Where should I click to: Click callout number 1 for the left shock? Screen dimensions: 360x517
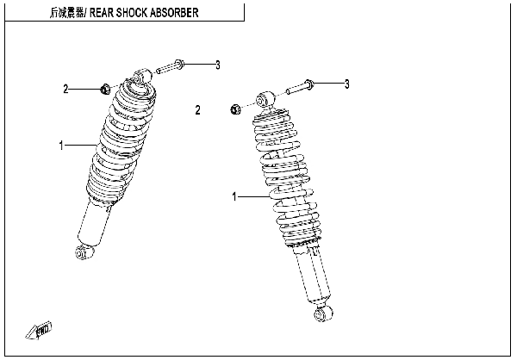(x=62, y=146)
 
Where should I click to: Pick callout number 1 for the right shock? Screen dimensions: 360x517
(x=234, y=197)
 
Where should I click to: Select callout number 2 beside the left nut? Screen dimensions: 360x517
(x=65, y=88)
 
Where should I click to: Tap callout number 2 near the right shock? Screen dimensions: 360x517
(x=197, y=109)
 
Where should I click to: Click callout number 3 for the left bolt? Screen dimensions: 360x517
(x=217, y=65)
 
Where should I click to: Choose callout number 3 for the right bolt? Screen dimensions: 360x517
(x=346, y=84)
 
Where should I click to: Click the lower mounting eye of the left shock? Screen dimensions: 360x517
(x=81, y=251)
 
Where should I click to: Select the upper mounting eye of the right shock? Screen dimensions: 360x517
(x=266, y=97)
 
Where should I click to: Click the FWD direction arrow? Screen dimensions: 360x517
(x=42, y=328)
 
